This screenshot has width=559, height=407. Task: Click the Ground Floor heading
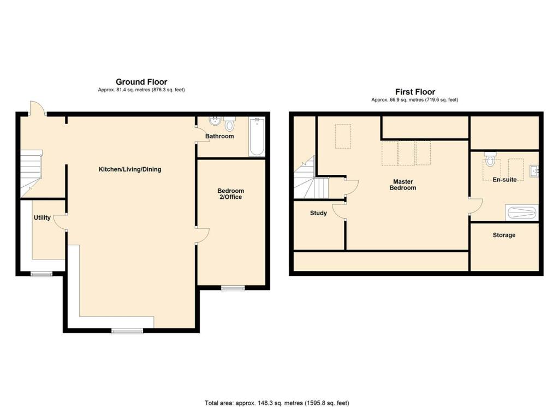141,82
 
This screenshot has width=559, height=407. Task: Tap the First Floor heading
415,92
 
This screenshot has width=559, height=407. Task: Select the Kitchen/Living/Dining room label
130,169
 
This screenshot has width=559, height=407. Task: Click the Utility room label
42,217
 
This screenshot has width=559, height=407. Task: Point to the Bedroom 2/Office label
231,194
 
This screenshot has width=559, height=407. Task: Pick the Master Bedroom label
403,185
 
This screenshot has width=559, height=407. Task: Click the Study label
318,213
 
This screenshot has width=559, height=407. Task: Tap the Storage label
504,235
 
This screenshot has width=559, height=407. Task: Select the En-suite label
504,179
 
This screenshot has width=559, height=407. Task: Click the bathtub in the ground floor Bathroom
257,137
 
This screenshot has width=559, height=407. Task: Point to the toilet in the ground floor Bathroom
229,124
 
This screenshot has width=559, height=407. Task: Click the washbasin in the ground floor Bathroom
215,121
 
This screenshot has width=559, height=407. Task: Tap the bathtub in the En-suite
521,213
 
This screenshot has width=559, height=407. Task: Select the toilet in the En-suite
491,160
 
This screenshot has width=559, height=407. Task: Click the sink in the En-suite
534,171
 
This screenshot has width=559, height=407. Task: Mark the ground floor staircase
31,173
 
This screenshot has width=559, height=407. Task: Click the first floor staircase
311,178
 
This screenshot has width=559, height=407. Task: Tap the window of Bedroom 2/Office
233,288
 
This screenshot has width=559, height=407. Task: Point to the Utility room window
41,274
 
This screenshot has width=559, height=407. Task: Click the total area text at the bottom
277,403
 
